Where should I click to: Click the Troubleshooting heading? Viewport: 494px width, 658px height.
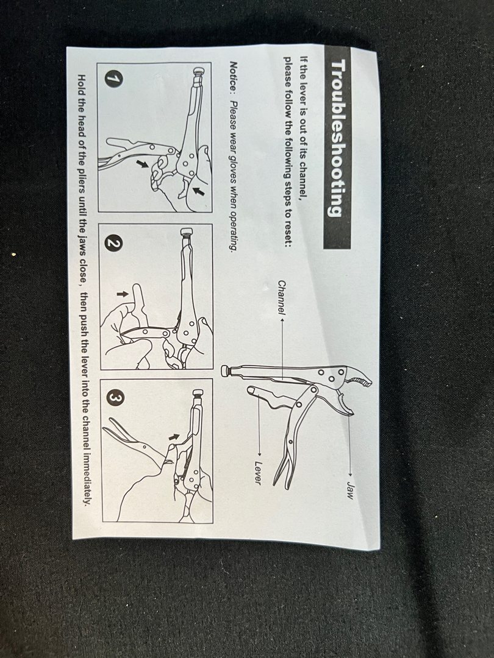(x=337, y=138)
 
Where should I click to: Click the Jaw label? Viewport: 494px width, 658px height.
(x=349, y=490)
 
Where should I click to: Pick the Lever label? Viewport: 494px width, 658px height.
(x=258, y=473)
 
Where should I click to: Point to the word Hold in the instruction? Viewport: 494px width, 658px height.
(x=82, y=84)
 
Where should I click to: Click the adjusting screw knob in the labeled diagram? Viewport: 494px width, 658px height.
(x=226, y=370)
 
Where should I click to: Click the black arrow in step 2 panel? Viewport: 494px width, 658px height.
(x=122, y=294)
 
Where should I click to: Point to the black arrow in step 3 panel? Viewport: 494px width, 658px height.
(x=173, y=437)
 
